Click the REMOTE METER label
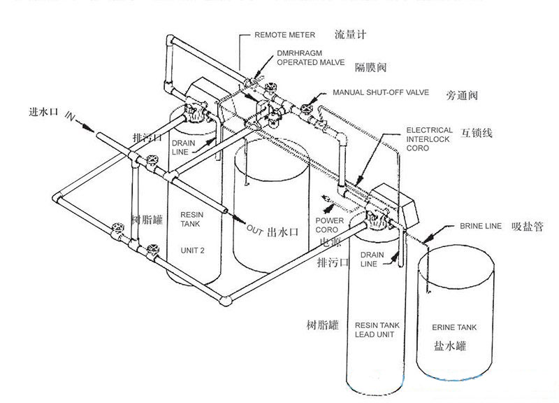click(x=284, y=34)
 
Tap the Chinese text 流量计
click(x=351, y=34)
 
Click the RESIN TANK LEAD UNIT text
click(x=377, y=330)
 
